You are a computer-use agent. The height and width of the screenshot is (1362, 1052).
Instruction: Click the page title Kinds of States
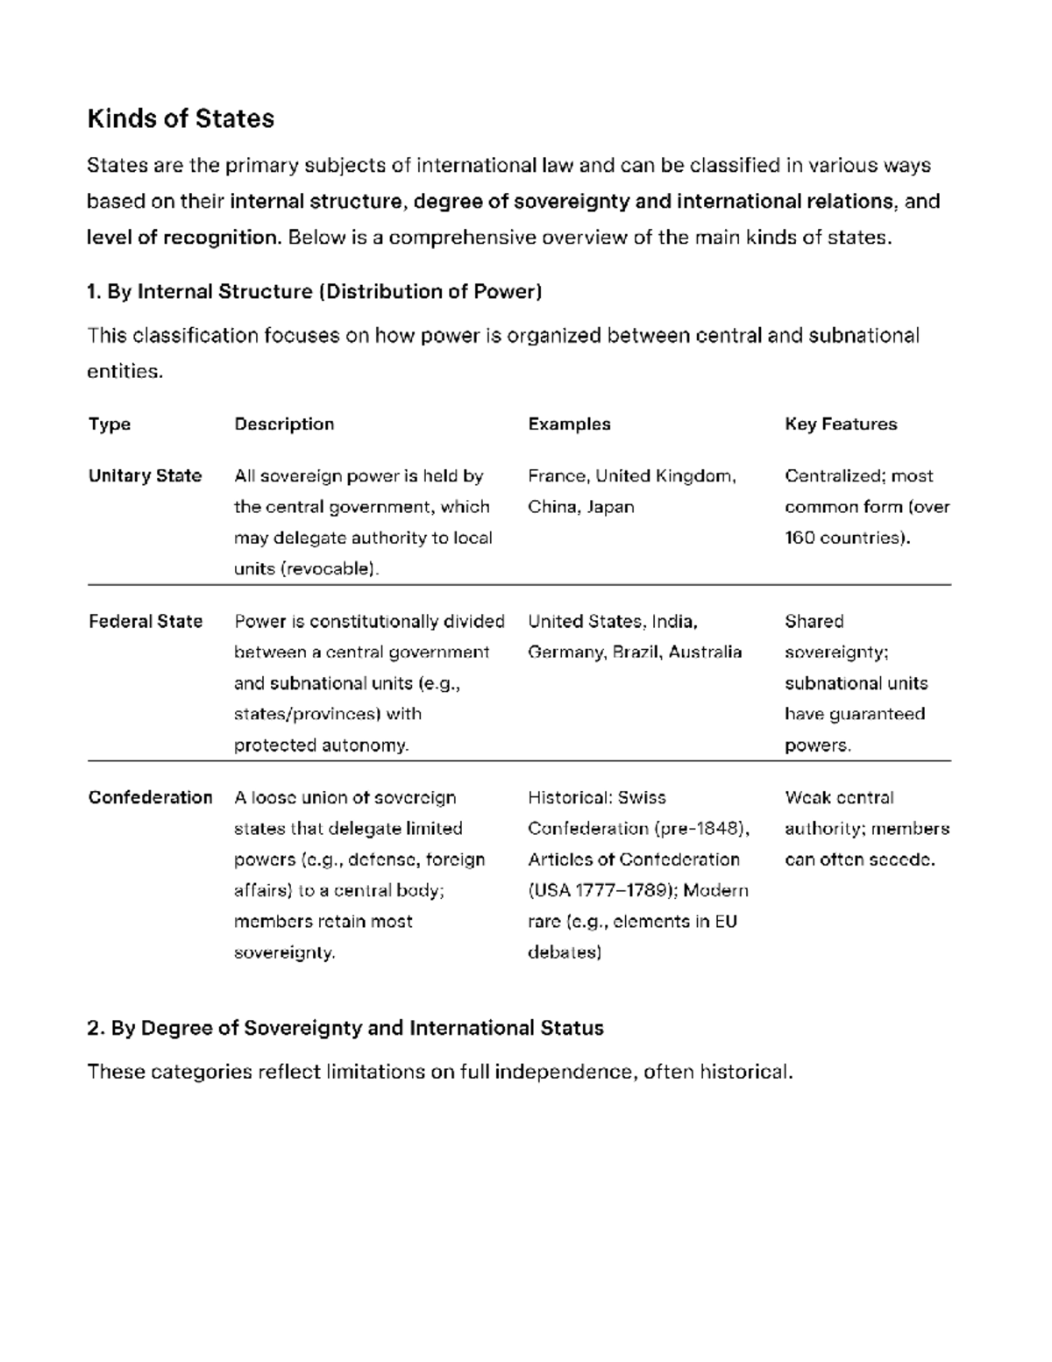click(181, 118)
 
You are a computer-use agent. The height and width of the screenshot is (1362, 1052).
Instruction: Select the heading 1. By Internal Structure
click(314, 291)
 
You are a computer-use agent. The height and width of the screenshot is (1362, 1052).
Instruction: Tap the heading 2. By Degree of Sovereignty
click(345, 1028)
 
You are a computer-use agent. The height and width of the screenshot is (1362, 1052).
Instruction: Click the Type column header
click(110, 424)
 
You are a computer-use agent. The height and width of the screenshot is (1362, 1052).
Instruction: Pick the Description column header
click(284, 424)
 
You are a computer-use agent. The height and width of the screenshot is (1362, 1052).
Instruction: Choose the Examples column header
click(569, 424)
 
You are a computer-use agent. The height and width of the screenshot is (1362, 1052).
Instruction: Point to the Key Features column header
click(841, 424)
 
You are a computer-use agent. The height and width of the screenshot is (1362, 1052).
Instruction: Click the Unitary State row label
click(145, 476)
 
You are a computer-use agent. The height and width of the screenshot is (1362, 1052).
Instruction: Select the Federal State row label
click(146, 622)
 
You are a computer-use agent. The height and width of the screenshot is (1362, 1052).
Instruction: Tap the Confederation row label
click(150, 798)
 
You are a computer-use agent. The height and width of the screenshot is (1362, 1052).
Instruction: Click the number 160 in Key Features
click(800, 538)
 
